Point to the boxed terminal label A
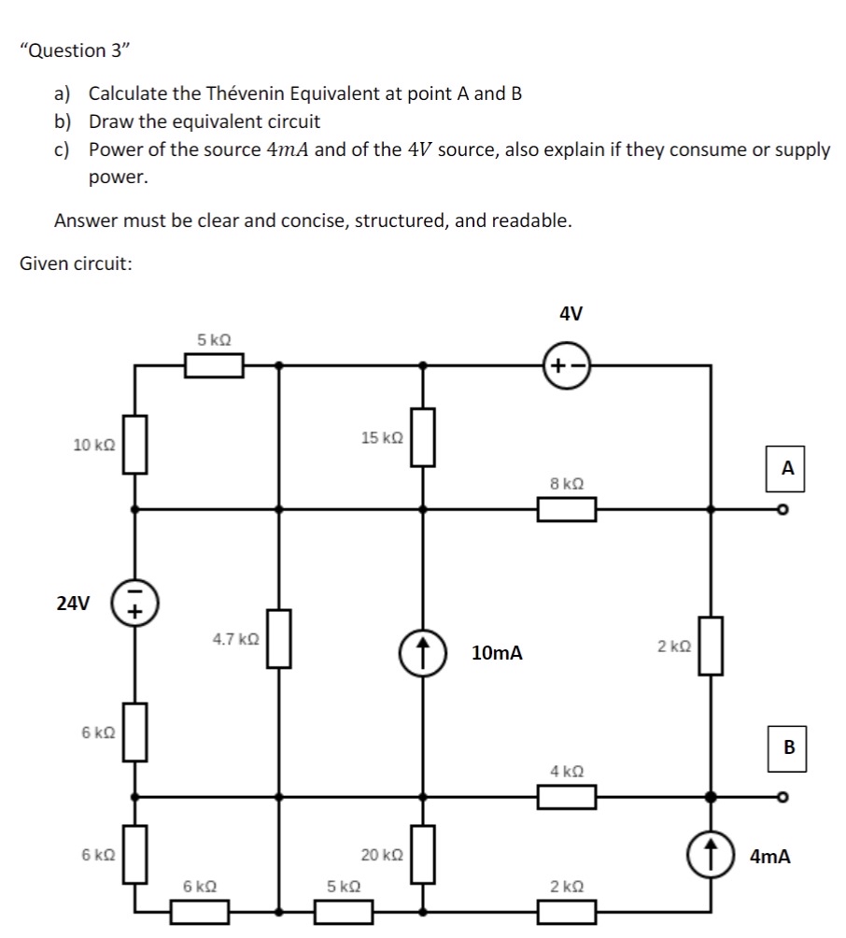[787, 468]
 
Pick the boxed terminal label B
[788, 747]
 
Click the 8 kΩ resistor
[567, 509]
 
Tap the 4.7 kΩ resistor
[279, 639]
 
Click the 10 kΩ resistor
[135, 445]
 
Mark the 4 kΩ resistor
[567, 797]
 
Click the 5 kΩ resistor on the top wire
[214, 365]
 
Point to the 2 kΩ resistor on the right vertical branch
[711, 646]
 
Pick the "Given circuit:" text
[76, 263]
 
